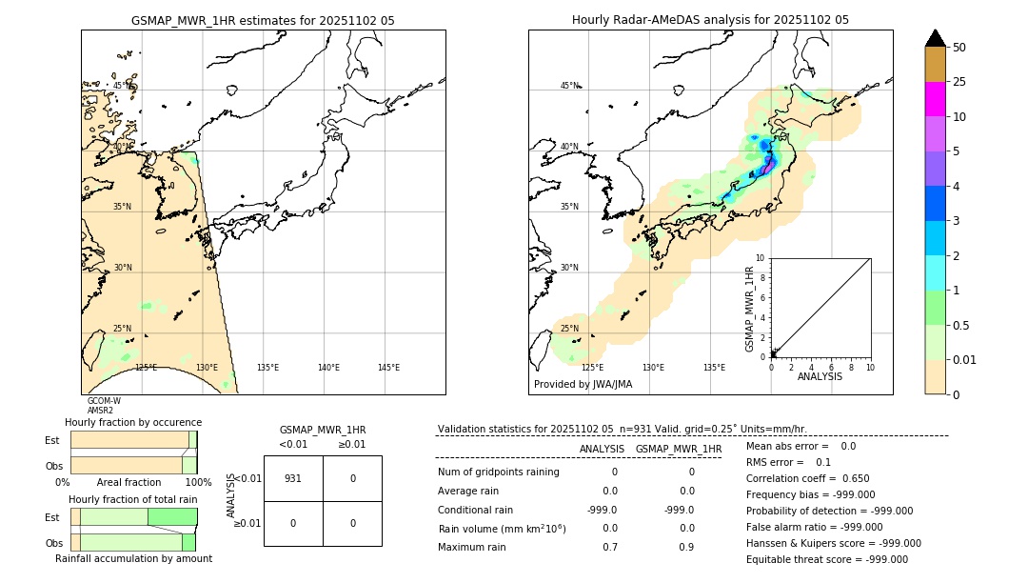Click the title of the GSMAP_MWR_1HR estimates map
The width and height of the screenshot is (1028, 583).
click(x=263, y=20)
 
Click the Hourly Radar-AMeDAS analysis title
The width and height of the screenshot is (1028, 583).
click(x=710, y=20)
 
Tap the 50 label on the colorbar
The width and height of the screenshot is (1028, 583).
click(x=959, y=48)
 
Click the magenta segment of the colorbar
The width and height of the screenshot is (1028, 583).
click(x=935, y=99)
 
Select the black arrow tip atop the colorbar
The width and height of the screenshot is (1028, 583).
click(x=935, y=37)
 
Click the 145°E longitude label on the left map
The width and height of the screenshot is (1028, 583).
click(x=388, y=368)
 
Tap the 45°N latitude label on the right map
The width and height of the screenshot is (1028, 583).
click(x=569, y=86)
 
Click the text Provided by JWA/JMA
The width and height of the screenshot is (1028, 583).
click(x=583, y=385)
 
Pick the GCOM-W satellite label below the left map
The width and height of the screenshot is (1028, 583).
click(x=104, y=401)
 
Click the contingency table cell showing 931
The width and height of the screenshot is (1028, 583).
click(x=293, y=478)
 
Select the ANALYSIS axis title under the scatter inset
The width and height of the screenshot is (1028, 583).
click(x=820, y=377)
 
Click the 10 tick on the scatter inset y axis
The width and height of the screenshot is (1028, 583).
click(x=761, y=258)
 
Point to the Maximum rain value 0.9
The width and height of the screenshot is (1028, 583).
click(x=686, y=547)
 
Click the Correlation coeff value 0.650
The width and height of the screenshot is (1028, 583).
click(x=850, y=478)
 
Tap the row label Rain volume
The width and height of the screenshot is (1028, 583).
click(x=502, y=529)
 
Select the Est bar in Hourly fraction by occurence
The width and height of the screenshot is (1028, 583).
click(x=133, y=439)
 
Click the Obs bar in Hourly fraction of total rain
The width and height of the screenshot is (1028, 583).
click(x=133, y=542)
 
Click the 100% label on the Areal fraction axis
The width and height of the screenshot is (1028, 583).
click(x=198, y=483)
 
